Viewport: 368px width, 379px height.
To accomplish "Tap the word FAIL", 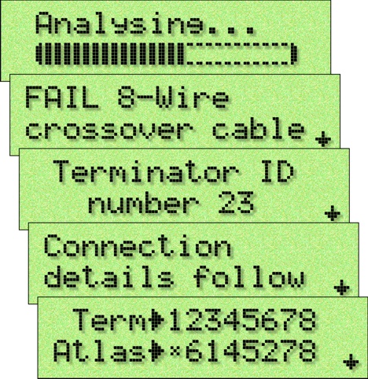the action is click(62, 98).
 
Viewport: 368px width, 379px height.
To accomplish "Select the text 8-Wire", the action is click(173, 98).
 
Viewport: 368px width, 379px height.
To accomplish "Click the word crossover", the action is click(109, 130).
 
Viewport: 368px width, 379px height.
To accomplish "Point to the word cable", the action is click(259, 128).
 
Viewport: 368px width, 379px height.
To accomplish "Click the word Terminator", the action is click(145, 171).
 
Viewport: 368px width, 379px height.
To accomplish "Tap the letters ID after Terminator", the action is click(278, 171).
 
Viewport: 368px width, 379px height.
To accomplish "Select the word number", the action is click(143, 202).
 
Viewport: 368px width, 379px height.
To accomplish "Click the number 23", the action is click(236, 202).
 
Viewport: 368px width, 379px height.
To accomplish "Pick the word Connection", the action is click(138, 246).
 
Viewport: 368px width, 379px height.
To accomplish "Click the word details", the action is click(109, 276).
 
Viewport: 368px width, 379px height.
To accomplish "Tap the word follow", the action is click(249, 276).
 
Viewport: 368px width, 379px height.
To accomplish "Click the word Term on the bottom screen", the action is click(109, 319).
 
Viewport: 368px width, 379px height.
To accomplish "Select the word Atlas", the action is click(100, 351).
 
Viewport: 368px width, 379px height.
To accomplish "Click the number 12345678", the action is click(242, 319).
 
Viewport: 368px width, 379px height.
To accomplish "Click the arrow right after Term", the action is click(157, 320).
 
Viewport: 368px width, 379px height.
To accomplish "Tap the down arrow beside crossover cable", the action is click(323, 138).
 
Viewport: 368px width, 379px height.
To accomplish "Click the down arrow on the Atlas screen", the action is click(351, 362).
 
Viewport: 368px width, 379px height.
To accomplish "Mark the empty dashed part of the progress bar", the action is click(238, 54).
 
